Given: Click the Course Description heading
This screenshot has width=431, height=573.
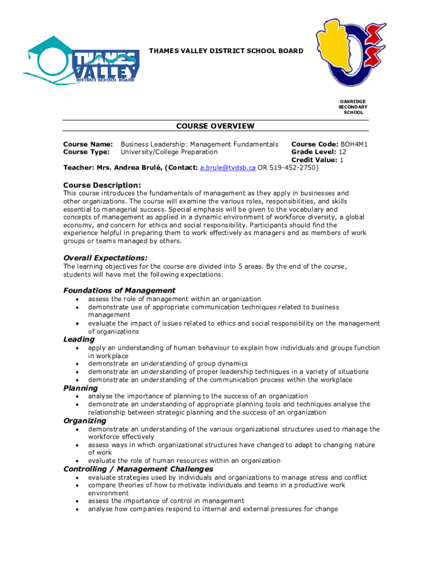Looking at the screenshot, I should [102, 185].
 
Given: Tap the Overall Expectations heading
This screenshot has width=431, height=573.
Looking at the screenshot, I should [105, 258].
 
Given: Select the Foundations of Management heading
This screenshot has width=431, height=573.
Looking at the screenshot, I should [119, 290].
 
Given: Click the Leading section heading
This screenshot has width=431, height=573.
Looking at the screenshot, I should [79, 339].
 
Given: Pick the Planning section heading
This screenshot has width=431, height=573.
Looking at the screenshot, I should [81, 388].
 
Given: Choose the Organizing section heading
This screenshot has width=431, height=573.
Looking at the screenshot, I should [85, 420].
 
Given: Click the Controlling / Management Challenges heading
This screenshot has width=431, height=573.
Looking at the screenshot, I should [138, 469].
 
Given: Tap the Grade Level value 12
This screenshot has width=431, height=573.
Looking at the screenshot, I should [343, 152].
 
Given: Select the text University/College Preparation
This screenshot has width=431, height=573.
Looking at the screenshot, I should [169, 152].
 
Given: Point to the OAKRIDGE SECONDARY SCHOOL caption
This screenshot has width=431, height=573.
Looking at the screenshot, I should [353, 107].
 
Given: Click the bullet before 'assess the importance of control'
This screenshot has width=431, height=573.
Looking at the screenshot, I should [76, 501].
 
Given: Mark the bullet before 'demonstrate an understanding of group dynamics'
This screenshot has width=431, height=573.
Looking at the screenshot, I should [76, 364].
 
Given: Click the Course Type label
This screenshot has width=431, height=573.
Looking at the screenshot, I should [87, 152].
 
